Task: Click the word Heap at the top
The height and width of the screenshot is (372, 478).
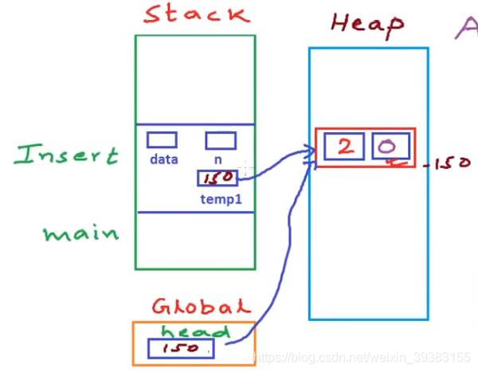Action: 367,25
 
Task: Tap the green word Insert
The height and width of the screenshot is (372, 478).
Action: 66,154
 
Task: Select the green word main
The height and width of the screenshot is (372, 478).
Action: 81,233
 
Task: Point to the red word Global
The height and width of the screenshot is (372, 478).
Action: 201,306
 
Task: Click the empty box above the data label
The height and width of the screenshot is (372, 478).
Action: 162,139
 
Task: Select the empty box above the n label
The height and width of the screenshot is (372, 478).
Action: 221,140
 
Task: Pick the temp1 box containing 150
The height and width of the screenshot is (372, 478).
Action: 217,178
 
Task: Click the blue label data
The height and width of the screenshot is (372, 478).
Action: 163,159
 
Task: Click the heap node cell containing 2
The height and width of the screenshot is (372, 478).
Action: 346,146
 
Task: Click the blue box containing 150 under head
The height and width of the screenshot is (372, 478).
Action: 181,348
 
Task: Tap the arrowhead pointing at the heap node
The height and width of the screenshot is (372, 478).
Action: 308,151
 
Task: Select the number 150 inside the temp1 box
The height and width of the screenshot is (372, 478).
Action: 217,178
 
